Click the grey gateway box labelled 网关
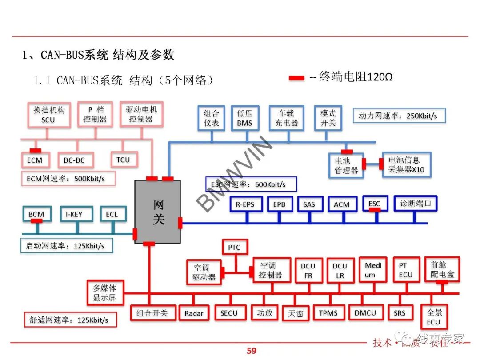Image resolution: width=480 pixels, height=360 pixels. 158,212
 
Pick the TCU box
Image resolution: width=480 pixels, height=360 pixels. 124,159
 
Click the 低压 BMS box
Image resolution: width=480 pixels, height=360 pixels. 244,118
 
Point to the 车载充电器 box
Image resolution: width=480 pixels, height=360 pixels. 286,118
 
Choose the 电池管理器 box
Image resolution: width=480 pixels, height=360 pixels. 346,165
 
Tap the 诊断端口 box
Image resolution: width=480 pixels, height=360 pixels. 415,204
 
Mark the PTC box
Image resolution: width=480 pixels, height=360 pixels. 234,247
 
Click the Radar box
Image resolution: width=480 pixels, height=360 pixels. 194,313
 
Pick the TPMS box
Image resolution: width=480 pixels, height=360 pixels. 328,312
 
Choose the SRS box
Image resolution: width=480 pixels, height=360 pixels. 400,312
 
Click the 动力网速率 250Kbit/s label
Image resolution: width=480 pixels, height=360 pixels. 398,116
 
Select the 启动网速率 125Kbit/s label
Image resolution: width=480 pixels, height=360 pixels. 66,245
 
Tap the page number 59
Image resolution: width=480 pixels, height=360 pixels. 252,351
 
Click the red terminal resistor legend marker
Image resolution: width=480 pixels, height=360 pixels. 296,78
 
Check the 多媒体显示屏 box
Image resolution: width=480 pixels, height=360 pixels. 104,292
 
